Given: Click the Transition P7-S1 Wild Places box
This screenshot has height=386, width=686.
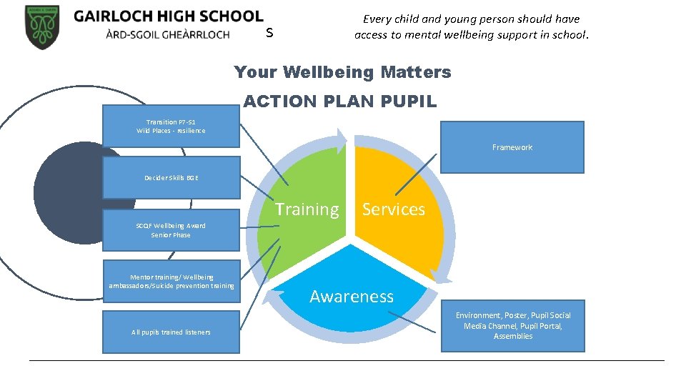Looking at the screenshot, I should point(171,127).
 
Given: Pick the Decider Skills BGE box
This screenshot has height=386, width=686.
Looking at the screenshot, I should point(171,177).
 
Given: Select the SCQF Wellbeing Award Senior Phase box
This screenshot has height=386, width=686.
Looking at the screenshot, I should point(171,230).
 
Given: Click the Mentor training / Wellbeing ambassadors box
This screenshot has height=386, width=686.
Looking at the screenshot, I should point(171,282).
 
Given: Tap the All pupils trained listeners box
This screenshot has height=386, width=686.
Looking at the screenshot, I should point(171,332).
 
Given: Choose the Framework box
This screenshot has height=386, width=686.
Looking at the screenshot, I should point(512,147).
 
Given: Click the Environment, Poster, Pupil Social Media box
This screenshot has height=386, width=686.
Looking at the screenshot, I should point(512,326).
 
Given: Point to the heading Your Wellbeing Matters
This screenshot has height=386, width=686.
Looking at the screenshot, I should point(342,72).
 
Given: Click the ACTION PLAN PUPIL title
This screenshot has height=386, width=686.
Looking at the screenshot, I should point(339,102).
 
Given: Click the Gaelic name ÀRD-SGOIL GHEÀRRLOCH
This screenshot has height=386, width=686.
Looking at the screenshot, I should point(151,34).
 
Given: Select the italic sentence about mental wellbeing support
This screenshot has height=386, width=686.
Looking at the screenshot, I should point(471,27).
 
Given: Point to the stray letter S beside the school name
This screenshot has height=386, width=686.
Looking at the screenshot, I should point(269,33).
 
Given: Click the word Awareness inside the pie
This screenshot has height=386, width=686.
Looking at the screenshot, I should point(351,297).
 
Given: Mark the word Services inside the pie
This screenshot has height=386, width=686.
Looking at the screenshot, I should point(393,209).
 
